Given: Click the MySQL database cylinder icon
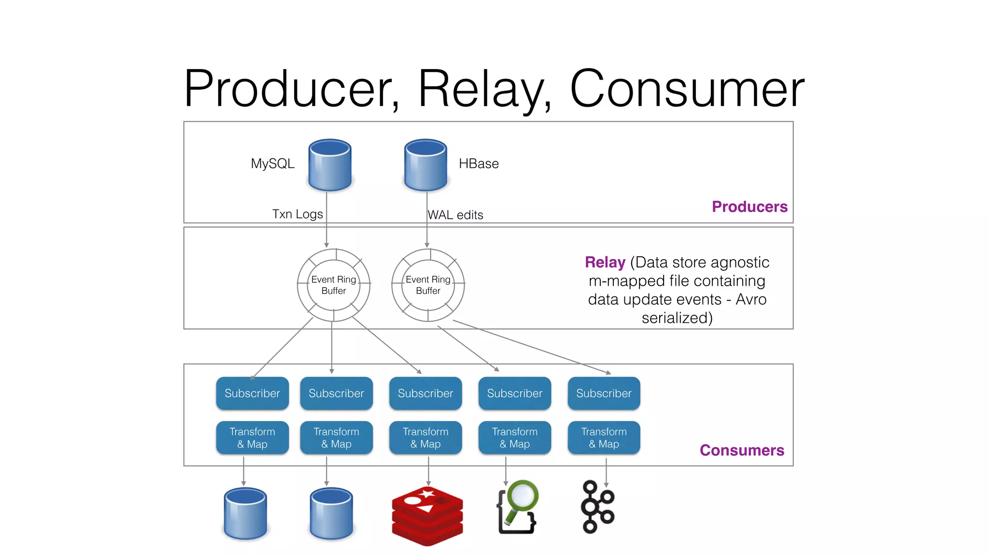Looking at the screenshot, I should coord(330,165).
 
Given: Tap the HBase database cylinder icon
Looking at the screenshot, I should coord(425,165).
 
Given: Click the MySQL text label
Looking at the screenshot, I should coord(272,164).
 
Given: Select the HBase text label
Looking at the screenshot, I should coord(479,164).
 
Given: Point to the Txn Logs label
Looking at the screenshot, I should coord(297,214).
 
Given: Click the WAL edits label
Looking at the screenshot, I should coord(455,215).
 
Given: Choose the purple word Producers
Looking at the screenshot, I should coord(749,207).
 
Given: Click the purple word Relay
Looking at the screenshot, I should coord(605,262).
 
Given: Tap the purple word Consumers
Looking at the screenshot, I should coord(742,450).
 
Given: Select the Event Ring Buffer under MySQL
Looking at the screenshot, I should coord(334,285).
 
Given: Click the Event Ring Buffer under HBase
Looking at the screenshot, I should coord(428,285).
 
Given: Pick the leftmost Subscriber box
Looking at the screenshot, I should coord(252,393).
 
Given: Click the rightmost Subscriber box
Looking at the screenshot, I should coord(604,393).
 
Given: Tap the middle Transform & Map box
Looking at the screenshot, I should coord(425,438).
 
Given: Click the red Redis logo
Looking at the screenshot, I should coord(427,516).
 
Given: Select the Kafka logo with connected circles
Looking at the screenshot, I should coord(597,507).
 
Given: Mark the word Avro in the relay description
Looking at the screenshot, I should coord(751,299).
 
